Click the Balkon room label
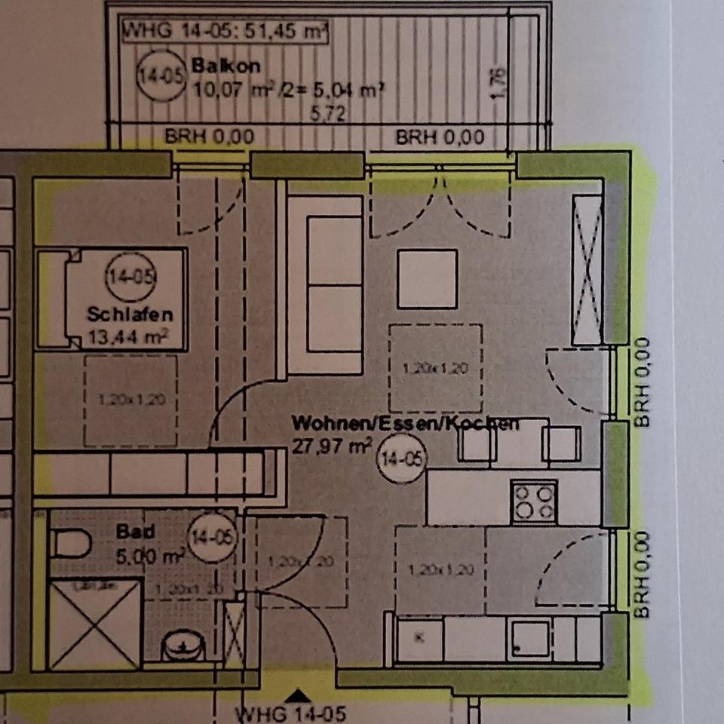[215, 66]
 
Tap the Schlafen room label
[130, 313]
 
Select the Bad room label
[136, 532]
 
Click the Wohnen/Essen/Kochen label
[406, 423]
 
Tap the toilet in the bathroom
[71, 543]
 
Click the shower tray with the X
[94, 624]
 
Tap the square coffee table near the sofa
[428, 278]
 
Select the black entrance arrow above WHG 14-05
[299, 695]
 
